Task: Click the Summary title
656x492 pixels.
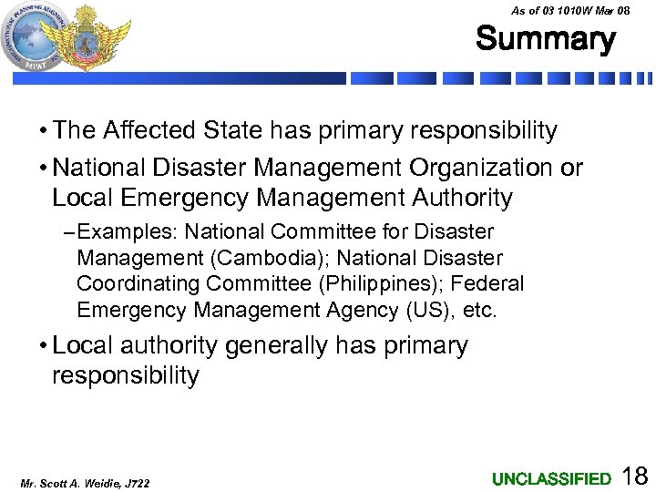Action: tap(545, 39)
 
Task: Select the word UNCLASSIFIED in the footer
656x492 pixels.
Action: tap(551, 478)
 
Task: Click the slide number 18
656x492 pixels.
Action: tap(634, 476)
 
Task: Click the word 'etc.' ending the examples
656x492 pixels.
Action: tap(480, 310)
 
